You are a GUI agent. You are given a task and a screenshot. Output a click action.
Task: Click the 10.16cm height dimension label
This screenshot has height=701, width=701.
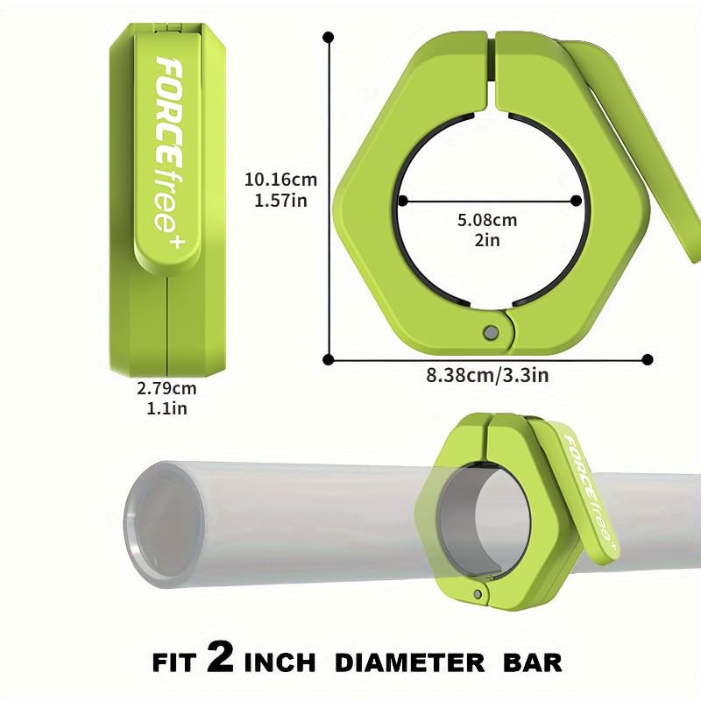point(280,180)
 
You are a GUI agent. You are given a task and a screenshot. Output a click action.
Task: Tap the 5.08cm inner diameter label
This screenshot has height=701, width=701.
point(487,220)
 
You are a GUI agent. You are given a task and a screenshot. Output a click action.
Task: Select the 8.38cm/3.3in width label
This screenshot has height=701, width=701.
point(487,375)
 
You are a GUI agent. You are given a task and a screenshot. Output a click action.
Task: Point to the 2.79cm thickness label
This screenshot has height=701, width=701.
point(166,388)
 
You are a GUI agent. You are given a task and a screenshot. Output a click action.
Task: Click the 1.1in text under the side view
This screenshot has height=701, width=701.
point(166,408)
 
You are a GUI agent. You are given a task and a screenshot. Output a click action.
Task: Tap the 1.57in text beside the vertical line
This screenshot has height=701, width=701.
point(280,201)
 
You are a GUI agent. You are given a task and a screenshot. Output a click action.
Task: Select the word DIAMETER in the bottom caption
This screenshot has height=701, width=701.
point(409,662)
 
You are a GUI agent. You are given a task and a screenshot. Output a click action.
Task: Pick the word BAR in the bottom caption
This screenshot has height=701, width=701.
point(532,662)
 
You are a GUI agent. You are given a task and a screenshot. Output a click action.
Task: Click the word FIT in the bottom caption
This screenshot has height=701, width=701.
point(174,662)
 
